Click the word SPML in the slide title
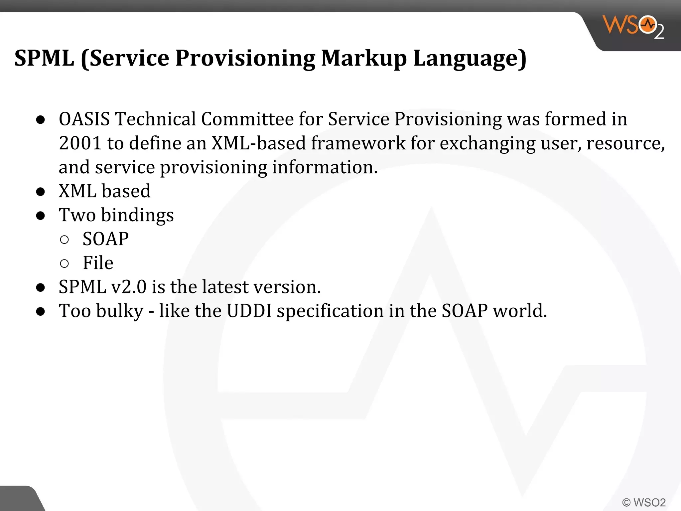pyautogui.click(x=44, y=58)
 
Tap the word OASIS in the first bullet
pyautogui.click(x=84, y=119)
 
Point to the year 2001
pyautogui.click(x=80, y=143)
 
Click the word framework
pyautogui.click(x=358, y=143)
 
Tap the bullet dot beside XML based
pyautogui.click(x=41, y=192)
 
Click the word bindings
pyautogui.click(x=137, y=215)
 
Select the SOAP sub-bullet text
pyautogui.click(x=105, y=239)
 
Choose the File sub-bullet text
pyautogui.click(x=98, y=263)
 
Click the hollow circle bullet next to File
pyautogui.click(x=65, y=263)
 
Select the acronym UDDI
pyautogui.click(x=249, y=311)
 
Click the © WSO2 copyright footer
pyautogui.click(x=644, y=502)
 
